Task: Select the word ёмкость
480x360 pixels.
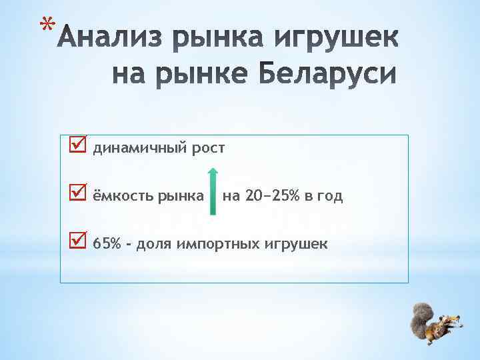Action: [121, 196]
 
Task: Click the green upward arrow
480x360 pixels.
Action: [213, 191]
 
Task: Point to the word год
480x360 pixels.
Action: [330, 196]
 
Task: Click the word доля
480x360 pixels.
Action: [155, 244]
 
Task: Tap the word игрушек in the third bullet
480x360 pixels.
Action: [297, 244]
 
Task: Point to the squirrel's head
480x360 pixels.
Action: [448, 325]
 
